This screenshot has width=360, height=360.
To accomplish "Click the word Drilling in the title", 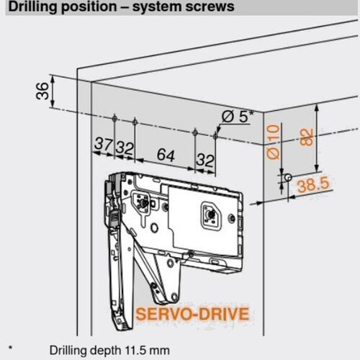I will coord(29,7).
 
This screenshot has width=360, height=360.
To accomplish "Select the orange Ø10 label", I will coord(272,141).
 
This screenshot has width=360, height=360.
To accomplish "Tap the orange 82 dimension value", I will coord(307,137).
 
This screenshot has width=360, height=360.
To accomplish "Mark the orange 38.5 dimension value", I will coord(312,185).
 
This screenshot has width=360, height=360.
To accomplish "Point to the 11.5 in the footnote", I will coord(133,351).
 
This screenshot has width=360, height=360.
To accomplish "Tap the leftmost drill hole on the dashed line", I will coord(115,117).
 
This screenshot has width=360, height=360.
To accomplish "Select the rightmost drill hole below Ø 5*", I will coord(217,133).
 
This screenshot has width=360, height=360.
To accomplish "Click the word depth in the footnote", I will coord(101,351).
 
